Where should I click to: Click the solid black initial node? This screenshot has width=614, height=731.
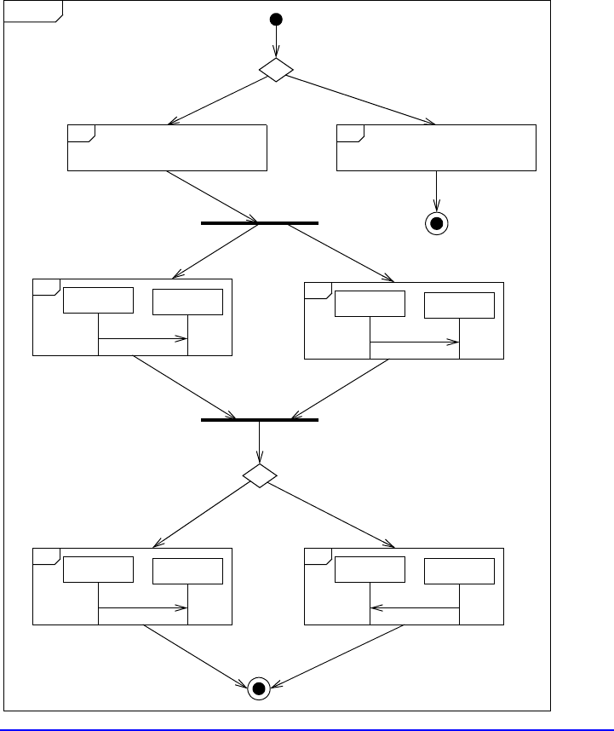pyautogui.click(x=275, y=19)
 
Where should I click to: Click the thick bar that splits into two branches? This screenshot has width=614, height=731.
pyautogui.click(x=259, y=222)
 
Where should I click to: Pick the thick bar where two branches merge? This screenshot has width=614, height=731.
pyautogui.click(x=259, y=420)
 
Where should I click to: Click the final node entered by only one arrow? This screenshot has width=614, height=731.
pyautogui.click(x=437, y=223)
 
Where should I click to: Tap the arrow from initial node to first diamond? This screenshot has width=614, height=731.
pyautogui.click(x=275, y=43)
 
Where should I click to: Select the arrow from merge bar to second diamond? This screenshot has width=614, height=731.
pyautogui.click(x=259, y=443)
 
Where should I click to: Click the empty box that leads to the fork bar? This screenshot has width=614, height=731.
pyautogui.click(x=167, y=147)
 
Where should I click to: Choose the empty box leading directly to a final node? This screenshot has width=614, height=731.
pyautogui.click(x=437, y=147)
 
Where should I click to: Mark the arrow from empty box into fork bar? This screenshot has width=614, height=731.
pyautogui.click(x=213, y=197)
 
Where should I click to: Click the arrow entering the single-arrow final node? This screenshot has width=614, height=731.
pyautogui.click(x=437, y=192)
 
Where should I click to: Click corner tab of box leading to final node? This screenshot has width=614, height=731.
pyautogui.click(x=350, y=133)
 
